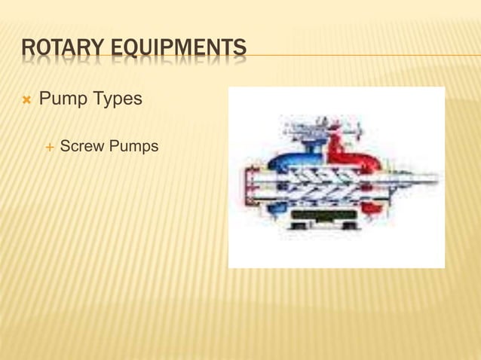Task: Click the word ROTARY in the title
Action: click(x=63, y=49)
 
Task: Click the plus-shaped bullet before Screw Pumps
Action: click(x=50, y=145)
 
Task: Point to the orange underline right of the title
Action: click(x=362, y=55)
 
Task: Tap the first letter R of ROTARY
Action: click(x=28, y=49)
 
